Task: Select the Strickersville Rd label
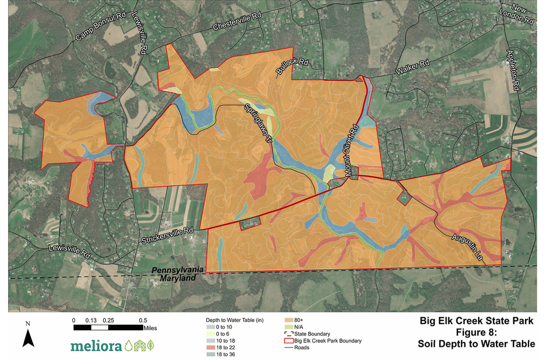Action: [168, 236]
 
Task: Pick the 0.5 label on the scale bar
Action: [143, 320]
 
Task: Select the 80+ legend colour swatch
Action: [287, 320]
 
